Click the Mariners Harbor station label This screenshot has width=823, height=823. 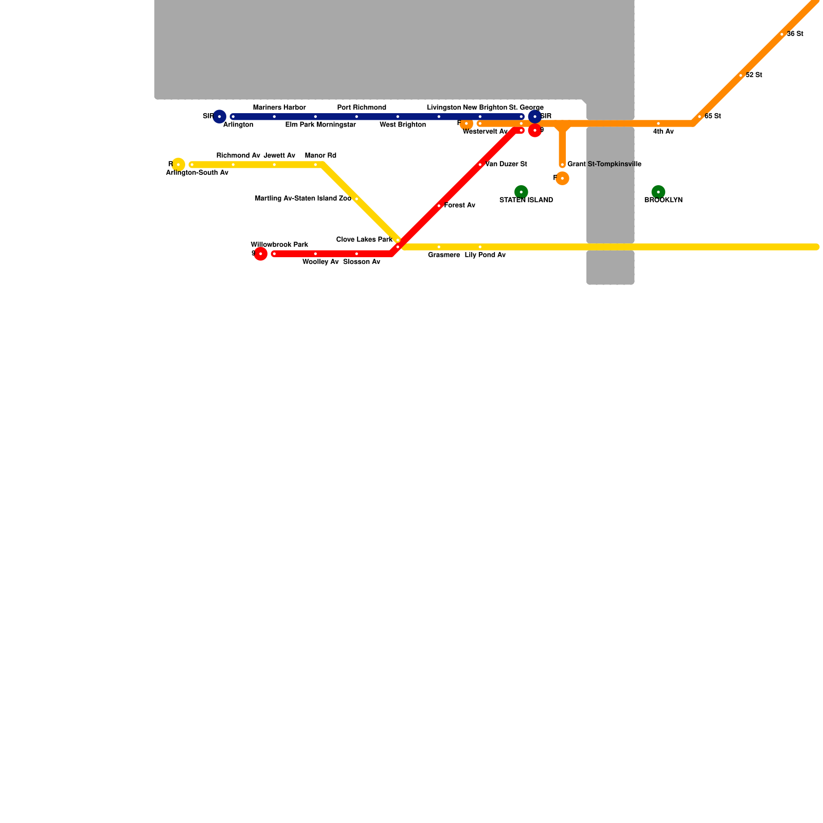(279, 108)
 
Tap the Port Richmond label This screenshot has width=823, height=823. (362, 108)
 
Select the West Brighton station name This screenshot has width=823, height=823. (403, 125)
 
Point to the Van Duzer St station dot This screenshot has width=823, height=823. (480, 165)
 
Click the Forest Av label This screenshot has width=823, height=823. (459, 206)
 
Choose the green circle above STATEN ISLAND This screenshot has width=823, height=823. (521, 192)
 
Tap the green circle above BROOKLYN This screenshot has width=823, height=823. (658, 192)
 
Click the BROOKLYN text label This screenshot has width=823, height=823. (663, 200)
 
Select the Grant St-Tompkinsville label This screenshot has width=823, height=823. (604, 165)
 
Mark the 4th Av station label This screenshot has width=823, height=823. (663, 132)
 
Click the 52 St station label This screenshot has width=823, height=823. (754, 75)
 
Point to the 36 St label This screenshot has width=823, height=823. (795, 34)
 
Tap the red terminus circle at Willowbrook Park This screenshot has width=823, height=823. (261, 254)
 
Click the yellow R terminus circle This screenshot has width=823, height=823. (178, 165)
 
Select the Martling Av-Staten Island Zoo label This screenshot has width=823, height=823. (303, 199)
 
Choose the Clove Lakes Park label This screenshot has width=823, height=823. (364, 240)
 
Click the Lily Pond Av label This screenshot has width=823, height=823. (485, 255)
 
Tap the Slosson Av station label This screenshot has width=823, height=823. (362, 262)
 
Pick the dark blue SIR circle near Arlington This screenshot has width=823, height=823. (220, 116)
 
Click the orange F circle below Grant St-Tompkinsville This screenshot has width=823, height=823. (562, 178)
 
